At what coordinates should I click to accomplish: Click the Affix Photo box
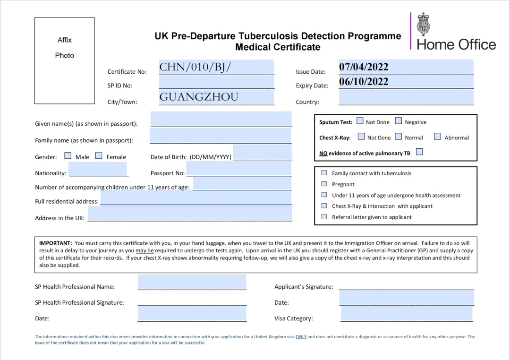point(64,60)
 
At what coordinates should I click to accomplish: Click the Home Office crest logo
point(423,25)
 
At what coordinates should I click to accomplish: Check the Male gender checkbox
point(68,155)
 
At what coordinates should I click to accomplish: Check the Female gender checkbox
point(99,155)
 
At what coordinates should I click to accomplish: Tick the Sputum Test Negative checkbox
point(399,121)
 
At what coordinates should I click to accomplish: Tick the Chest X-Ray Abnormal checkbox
point(437,137)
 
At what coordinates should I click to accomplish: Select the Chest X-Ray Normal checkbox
point(399,137)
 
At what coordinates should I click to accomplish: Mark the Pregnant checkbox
point(324,184)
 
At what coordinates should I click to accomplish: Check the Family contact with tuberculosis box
point(324,173)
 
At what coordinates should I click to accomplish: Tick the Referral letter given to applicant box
point(324,217)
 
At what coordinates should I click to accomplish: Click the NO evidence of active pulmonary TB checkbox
point(419,152)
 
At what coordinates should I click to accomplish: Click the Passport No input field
point(239,169)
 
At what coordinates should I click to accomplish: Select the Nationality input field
point(98,169)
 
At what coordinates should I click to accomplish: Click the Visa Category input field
point(407,313)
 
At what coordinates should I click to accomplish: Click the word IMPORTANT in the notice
point(55,243)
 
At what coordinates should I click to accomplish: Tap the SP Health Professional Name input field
point(192,282)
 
